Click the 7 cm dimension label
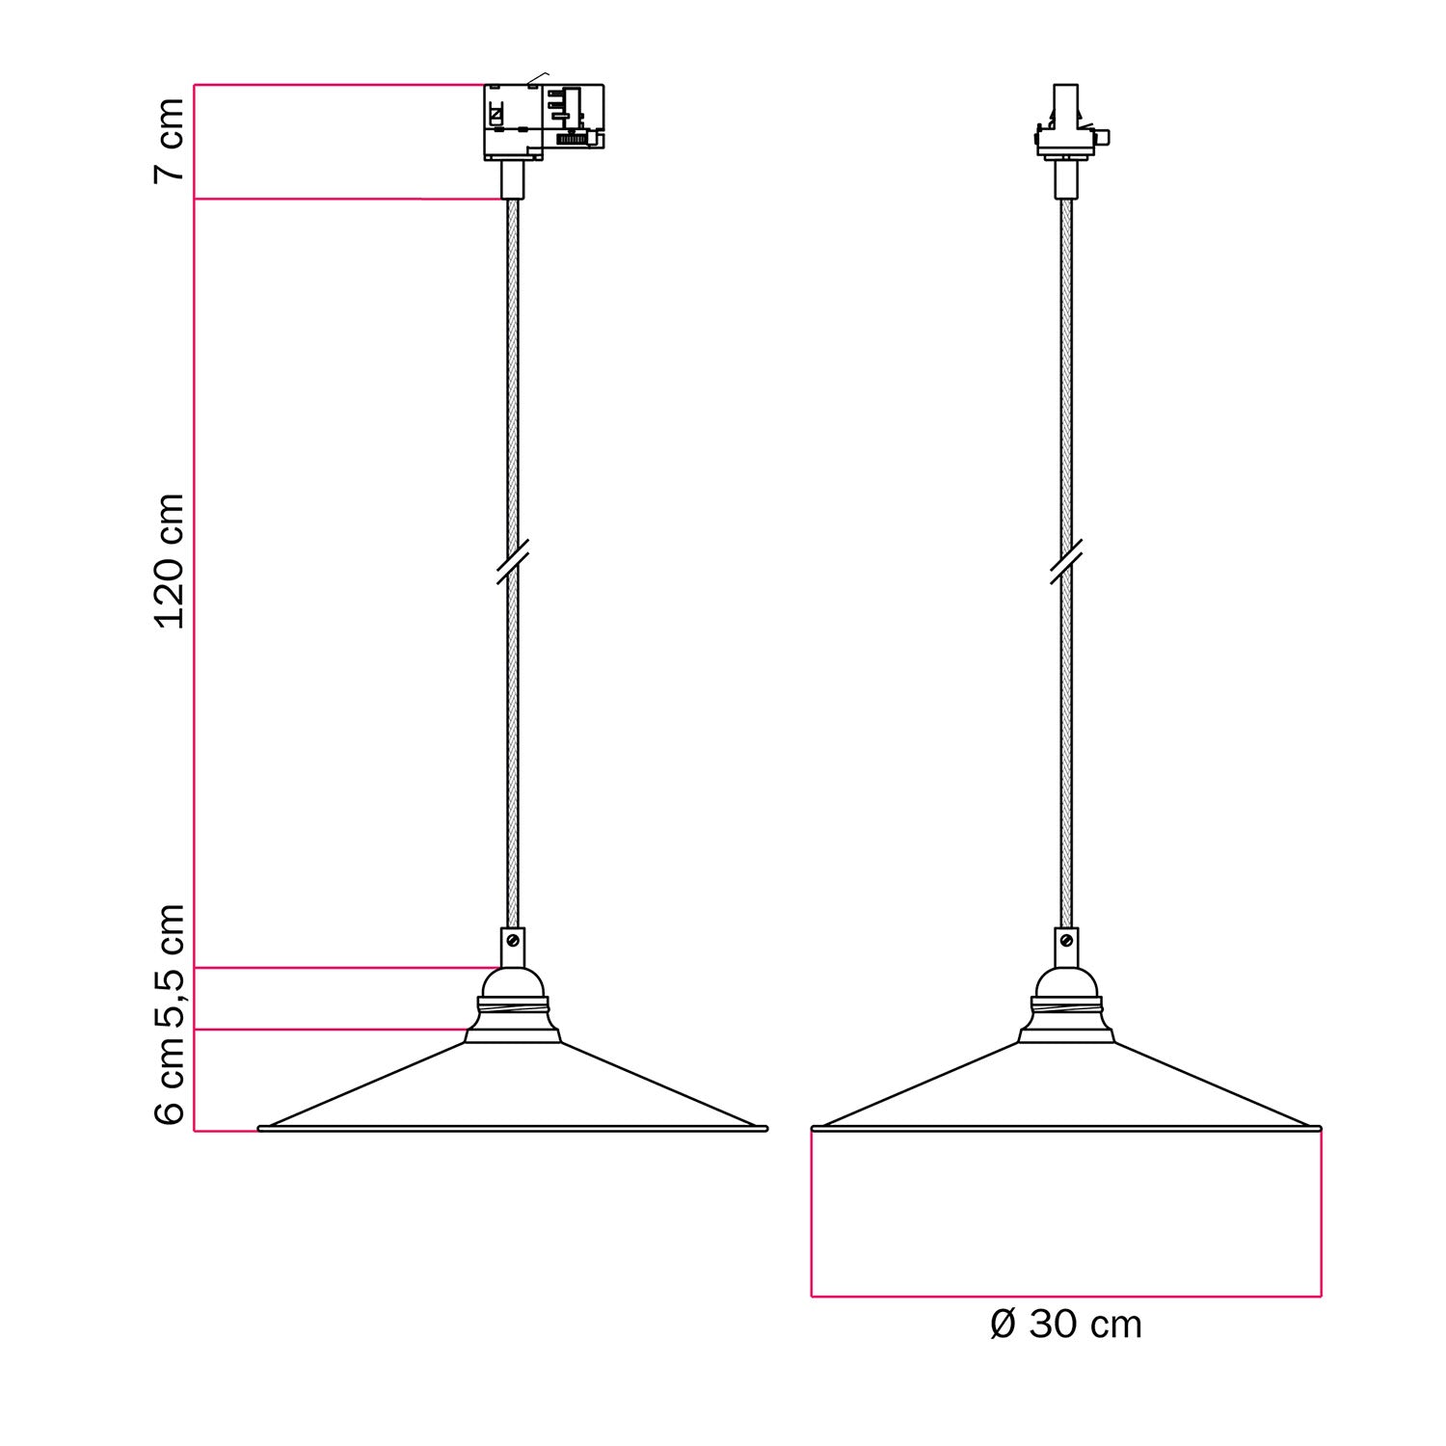(170, 140)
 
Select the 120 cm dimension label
(170, 561)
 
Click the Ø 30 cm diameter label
(1065, 1325)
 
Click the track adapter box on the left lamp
(543, 121)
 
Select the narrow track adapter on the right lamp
(1066, 125)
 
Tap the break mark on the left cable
(512, 562)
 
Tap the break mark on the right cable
(1066, 562)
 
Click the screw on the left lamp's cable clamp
(513, 940)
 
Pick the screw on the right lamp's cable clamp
(1066, 940)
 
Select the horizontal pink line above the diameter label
(1065, 1297)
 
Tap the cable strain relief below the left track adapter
(513, 179)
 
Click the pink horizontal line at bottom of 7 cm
(347, 199)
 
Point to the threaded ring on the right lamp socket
(1066, 1008)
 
